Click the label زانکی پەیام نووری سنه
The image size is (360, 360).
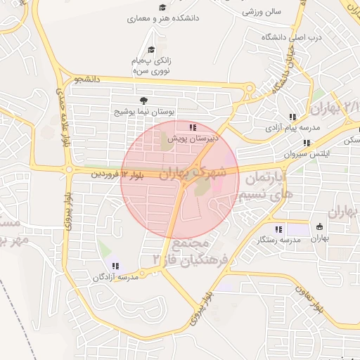click(151, 66)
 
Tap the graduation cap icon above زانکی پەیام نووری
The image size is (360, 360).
click(151, 49)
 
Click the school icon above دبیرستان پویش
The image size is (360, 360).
click(193, 127)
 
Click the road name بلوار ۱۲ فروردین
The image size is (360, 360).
click(112, 173)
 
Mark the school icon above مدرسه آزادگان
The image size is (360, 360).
click(115, 266)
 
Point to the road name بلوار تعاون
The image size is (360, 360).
click(312, 298)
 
